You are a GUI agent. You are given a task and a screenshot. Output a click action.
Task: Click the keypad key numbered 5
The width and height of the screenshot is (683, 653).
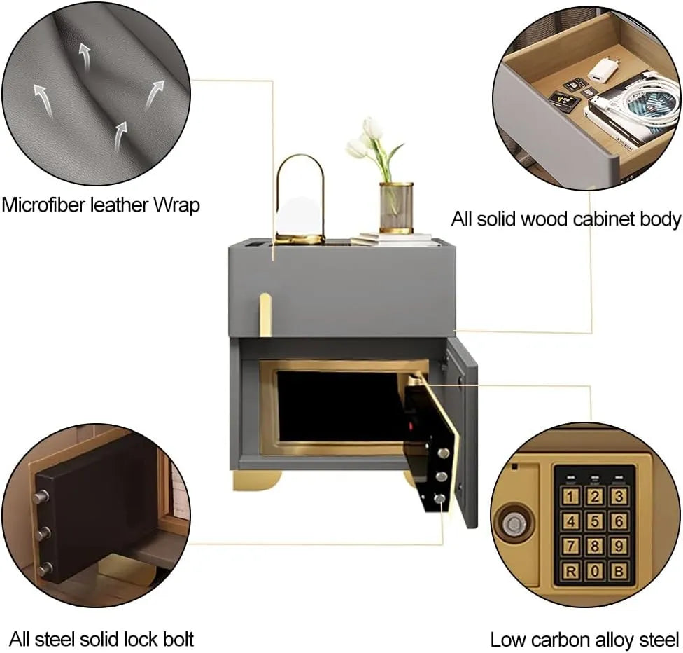(595, 521)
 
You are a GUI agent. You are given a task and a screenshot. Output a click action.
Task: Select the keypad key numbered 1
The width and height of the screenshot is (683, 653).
(572, 497)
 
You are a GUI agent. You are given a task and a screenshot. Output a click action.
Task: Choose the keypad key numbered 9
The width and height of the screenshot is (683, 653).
(617, 545)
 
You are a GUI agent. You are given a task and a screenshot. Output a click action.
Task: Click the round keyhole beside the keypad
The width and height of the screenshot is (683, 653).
(515, 523)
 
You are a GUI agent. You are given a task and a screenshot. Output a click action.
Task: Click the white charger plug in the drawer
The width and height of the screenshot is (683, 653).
(600, 70)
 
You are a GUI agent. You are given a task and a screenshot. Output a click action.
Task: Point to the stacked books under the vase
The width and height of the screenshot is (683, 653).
(392, 240)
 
